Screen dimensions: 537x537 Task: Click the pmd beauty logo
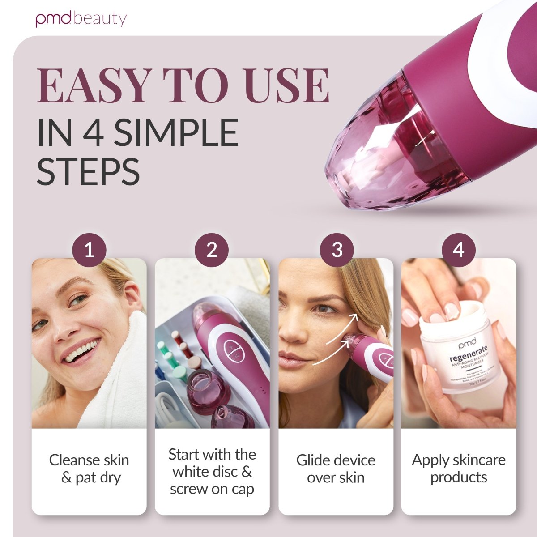(81, 19)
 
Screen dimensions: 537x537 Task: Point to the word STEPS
(88, 171)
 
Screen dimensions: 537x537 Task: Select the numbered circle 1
(89, 250)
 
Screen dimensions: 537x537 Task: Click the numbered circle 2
(212, 250)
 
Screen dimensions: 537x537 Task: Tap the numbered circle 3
(337, 250)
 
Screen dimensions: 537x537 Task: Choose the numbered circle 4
(458, 250)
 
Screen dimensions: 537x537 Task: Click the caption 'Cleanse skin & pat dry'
(89, 469)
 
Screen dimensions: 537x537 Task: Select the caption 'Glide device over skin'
(336, 469)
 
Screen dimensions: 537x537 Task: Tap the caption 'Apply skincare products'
(459, 468)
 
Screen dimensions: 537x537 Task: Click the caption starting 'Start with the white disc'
(212, 472)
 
